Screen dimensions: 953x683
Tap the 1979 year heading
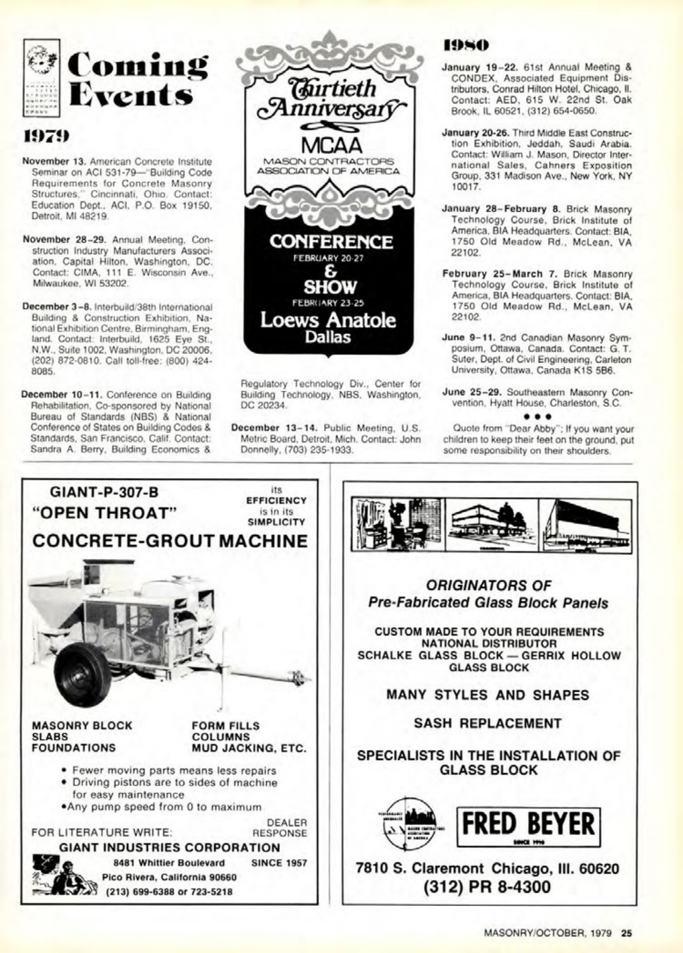pyautogui.click(x=46, y=136)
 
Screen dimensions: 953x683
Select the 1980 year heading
pyautogui.click(x=465, y=46)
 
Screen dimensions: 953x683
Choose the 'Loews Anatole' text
pyautogui.click(x=328, y=320)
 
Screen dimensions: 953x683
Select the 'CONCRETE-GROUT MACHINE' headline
pyautogui.click(x=170, y=541)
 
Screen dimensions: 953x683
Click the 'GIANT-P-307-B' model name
pyautogui.click(x=104, y=492)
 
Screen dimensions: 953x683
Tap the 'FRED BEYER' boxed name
pyautogui.click(x=529, y=824)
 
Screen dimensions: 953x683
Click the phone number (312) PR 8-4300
pyautogui.click(x=488, y=886)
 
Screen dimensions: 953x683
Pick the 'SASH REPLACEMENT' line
pyautogui.click(x=488, y=723)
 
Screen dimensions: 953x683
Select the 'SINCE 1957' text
pyautogui.click(x=279, y=863)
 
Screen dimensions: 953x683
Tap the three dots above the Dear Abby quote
pyautogui.click(x=537, y=416)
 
